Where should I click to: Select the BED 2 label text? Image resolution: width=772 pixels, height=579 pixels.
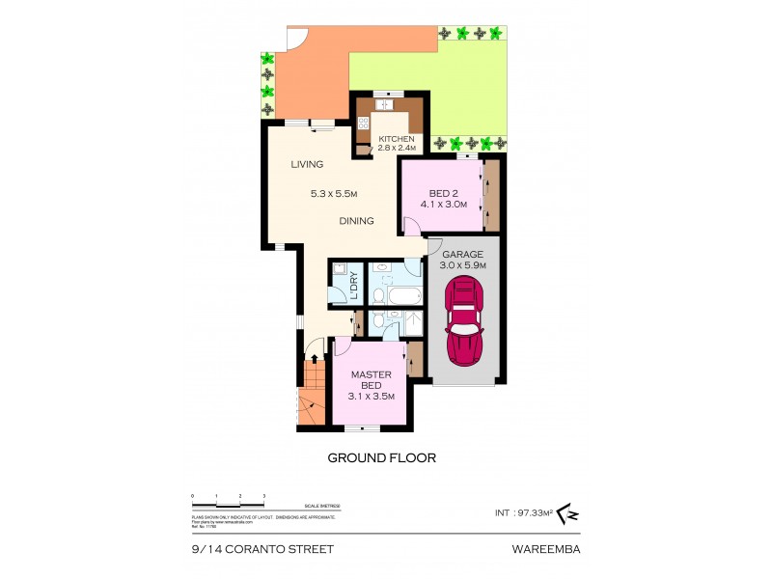coord(435,193)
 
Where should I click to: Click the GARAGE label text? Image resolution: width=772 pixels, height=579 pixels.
coord(462,254)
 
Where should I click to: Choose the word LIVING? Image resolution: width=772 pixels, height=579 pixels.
coord(307,165)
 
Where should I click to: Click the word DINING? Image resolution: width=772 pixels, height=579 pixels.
coord(356,221)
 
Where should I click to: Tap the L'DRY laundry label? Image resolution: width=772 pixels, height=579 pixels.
coord(353,288)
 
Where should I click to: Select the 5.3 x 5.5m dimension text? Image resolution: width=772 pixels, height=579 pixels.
coord(334,193)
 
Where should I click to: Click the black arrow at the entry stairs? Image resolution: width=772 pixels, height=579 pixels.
coord(313,361)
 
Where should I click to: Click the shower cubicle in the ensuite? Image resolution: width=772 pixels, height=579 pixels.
coord(411,323)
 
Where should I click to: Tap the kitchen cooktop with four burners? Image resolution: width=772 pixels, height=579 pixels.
coord(364,124)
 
